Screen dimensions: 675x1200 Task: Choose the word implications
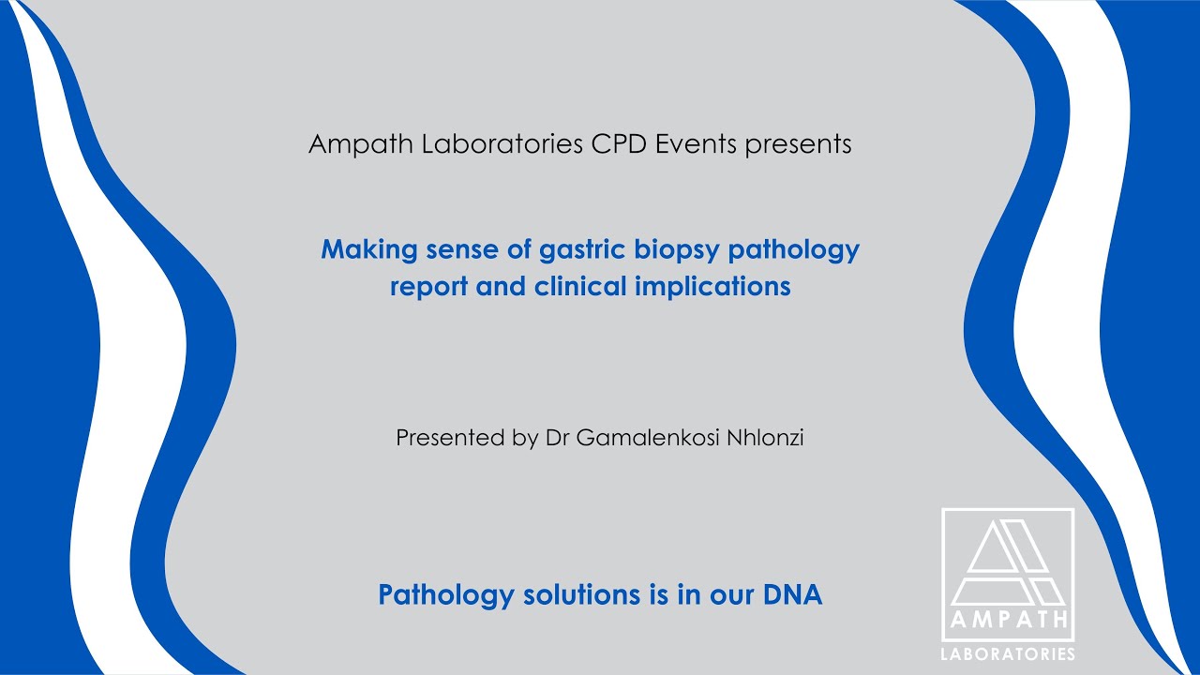(712, 287)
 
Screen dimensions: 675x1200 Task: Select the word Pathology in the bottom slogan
(445, 595)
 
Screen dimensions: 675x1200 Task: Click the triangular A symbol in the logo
(1008, 562)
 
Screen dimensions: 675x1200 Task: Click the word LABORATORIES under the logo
(1008, 653)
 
